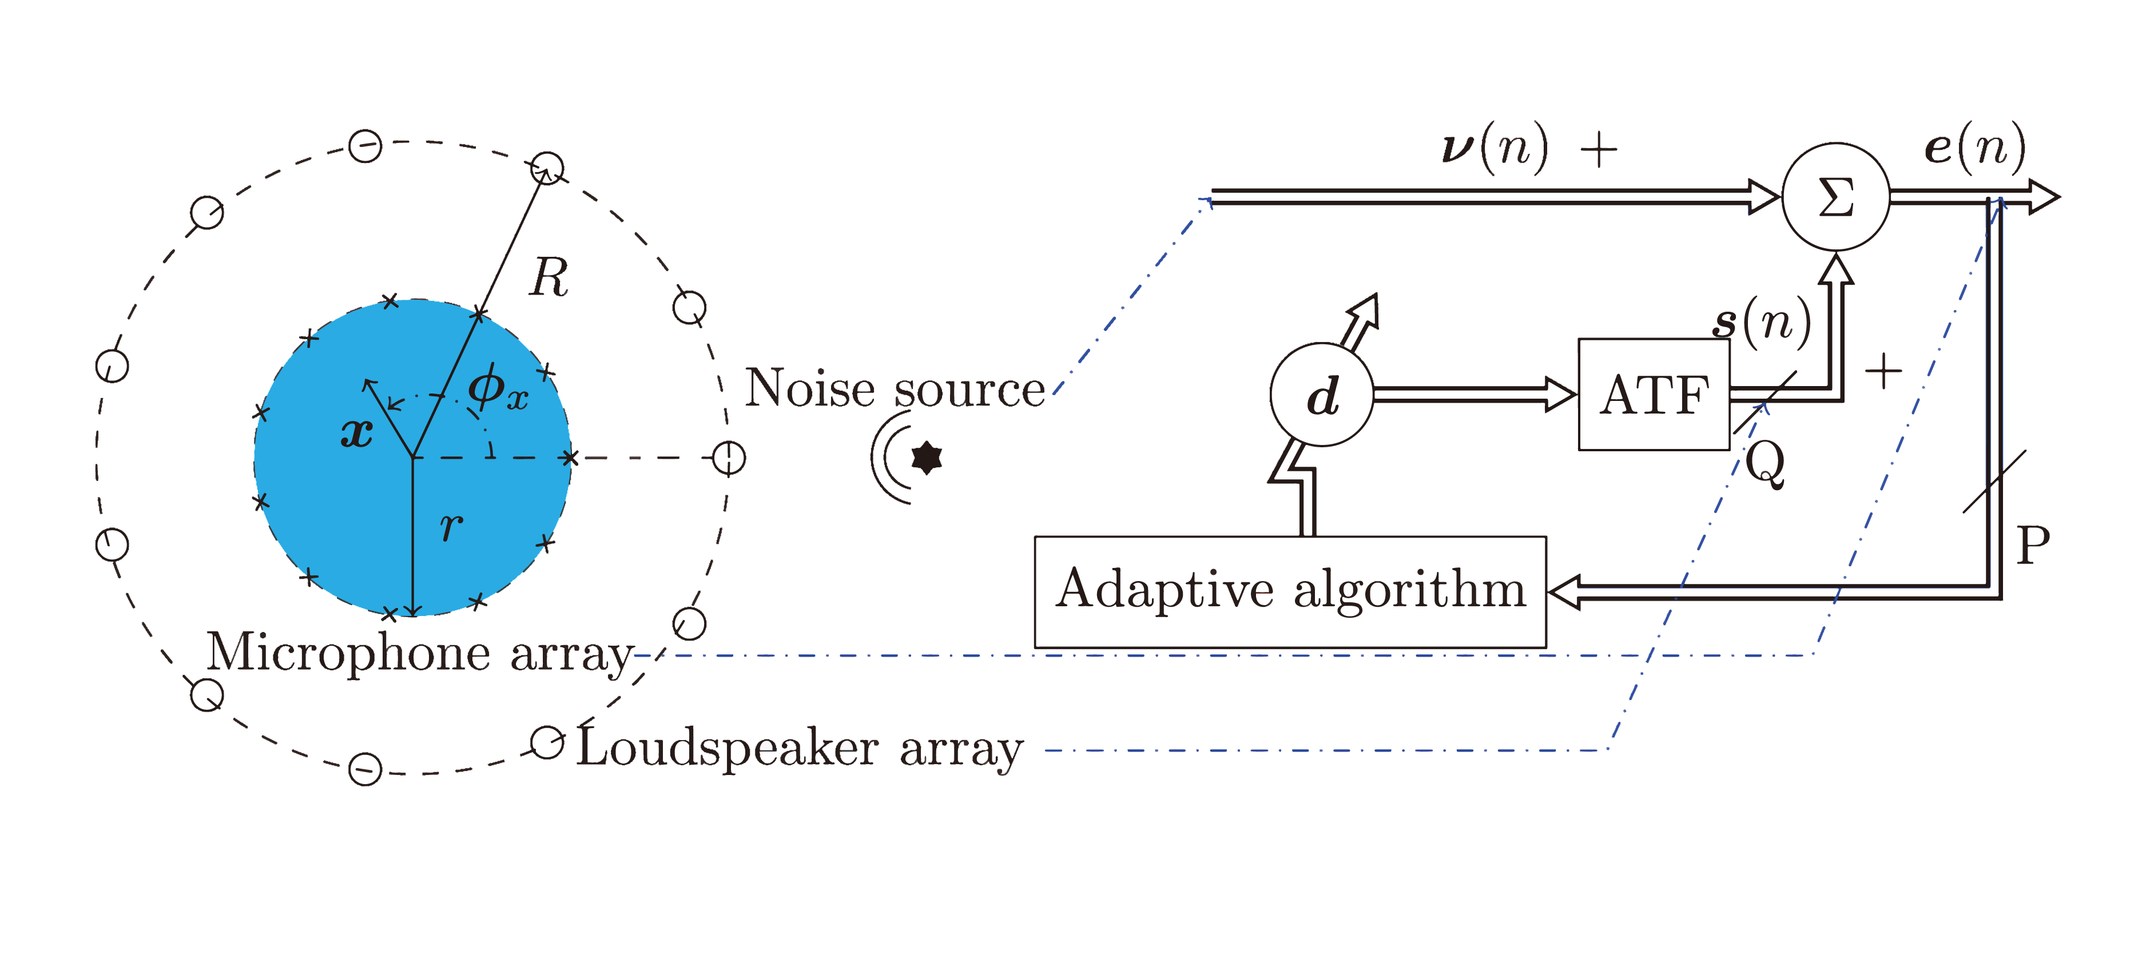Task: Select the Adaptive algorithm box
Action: coord(1290,591)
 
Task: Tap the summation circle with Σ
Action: coord(1835,197)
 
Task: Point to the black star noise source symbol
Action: coord(927,458)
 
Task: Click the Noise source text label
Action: coord(894,388)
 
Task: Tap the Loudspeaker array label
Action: coord(800,748)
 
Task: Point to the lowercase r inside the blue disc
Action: coord(451,525)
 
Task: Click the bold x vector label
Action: coord(356,432)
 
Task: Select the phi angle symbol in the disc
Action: coord(496,387)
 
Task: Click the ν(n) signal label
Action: coord(1495,148)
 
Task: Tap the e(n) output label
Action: coord(1974,148)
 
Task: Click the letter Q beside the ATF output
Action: coord(1765,463)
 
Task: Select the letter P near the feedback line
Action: coord(2033,546)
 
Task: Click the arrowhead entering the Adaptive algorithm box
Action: coord(1564,593)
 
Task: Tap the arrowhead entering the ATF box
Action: coord(1560,394)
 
